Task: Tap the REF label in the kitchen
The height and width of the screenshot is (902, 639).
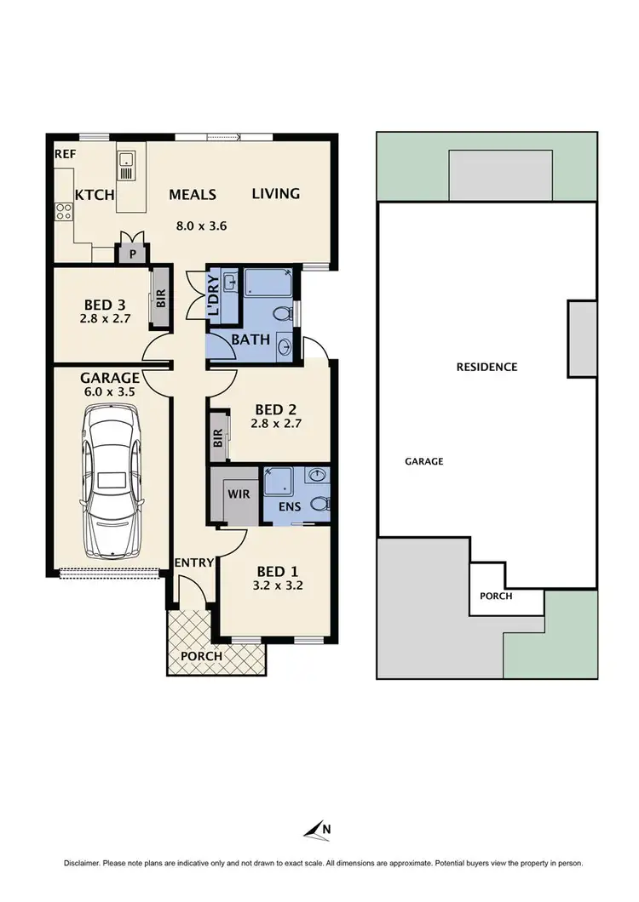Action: (x=65, y=155)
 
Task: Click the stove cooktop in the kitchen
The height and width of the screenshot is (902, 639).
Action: (x=64, y=211)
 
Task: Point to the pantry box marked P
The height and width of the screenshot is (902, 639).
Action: (x=132, y=253)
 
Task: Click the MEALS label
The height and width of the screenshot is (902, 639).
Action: (x=192, y=195)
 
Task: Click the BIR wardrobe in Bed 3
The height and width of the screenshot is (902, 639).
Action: (x=160, y=299)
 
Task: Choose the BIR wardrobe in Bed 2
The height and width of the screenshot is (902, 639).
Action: (x=218, y=437)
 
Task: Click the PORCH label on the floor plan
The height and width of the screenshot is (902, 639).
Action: (x=201, y=656)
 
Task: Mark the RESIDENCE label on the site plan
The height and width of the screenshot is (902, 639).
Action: (x=486, y=368)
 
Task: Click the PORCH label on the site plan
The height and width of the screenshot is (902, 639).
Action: (x=496, y=596)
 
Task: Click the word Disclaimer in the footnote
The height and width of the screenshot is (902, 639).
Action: (x=83, y=863)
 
